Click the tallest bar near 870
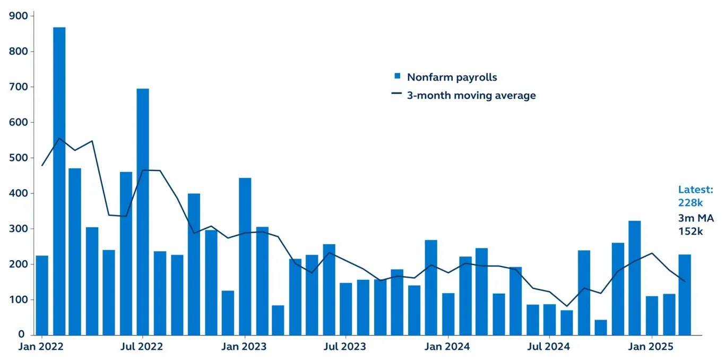pos(59,181)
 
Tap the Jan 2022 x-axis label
pos(41,347)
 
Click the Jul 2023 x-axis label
pos(345,347)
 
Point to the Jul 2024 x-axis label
pos(549,347)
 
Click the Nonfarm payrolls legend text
pos(452,77)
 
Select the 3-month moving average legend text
pos(471,96)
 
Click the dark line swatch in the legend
pos(396,94)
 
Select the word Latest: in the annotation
pos(696,190)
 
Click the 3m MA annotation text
pos(696,219)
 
